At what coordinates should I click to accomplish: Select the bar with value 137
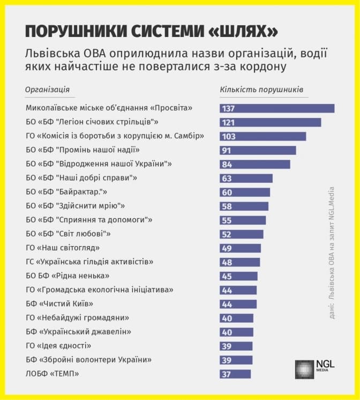tap(277, 108)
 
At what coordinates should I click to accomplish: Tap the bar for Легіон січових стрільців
tap(271, 122)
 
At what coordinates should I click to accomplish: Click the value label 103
tap(229, 137)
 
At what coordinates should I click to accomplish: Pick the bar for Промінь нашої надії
tap(258, 151)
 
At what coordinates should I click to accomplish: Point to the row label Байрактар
tap(66, 192)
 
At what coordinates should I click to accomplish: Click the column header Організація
tap(48, 90)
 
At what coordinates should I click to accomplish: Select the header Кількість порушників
tap(261, 90)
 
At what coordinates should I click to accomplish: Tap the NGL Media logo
tap(314, 369)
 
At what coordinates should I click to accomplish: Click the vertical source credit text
tap(332, 253)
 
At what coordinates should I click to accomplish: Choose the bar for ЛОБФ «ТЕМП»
tap(235, 374)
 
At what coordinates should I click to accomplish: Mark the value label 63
tap(227, 179)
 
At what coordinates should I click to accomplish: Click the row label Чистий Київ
tap(59, 303)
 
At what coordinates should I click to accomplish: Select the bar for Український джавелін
tap(236, 332)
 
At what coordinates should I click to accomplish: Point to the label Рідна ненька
tap(67, 276)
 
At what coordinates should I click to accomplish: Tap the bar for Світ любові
tap(242, 234)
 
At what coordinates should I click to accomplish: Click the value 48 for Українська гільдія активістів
tap(227, 262)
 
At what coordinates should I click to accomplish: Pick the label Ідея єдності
tap(58, 346)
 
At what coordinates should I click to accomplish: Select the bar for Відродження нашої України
tap(255, 164)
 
